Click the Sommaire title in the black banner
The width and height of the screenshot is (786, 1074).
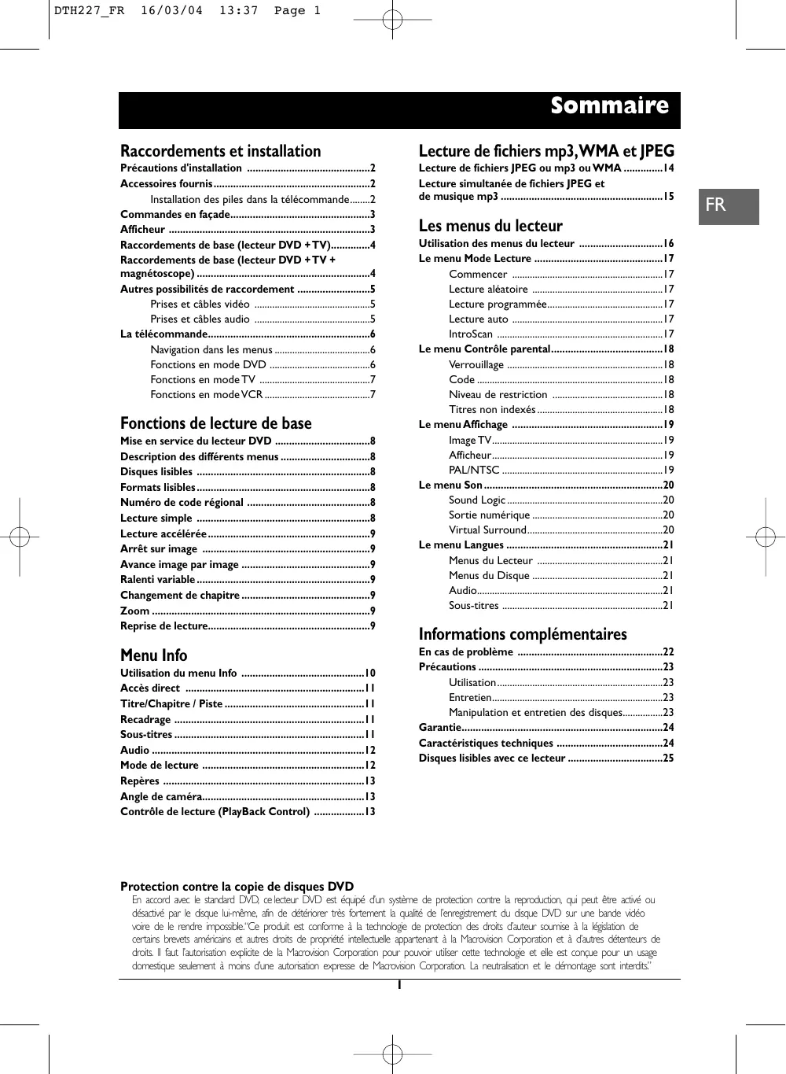point(609,106)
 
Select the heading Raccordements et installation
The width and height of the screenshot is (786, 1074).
point(220,151)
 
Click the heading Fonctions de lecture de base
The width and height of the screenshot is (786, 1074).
point(215,423)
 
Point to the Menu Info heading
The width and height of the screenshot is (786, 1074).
point(153,655)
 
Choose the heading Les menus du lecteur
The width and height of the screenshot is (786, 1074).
point(490,226)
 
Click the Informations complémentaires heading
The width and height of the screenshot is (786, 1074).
point(523,634)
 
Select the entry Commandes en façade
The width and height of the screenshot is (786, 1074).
point(174,214)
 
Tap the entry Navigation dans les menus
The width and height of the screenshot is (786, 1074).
point(211,349)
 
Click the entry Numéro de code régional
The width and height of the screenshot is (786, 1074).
point(182,502)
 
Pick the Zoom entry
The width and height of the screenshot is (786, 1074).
point(134,611)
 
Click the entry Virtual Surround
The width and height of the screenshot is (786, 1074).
point(487,530)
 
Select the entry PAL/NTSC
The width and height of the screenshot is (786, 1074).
point(474,470)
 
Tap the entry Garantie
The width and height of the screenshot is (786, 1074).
point(439,727)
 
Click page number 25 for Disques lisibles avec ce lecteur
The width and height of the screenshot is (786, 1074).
point(667,758)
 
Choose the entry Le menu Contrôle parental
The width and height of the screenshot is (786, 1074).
point(484,349)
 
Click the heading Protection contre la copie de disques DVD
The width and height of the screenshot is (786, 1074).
point(237,886)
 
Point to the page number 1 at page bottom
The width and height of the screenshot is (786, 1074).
point(399,985)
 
